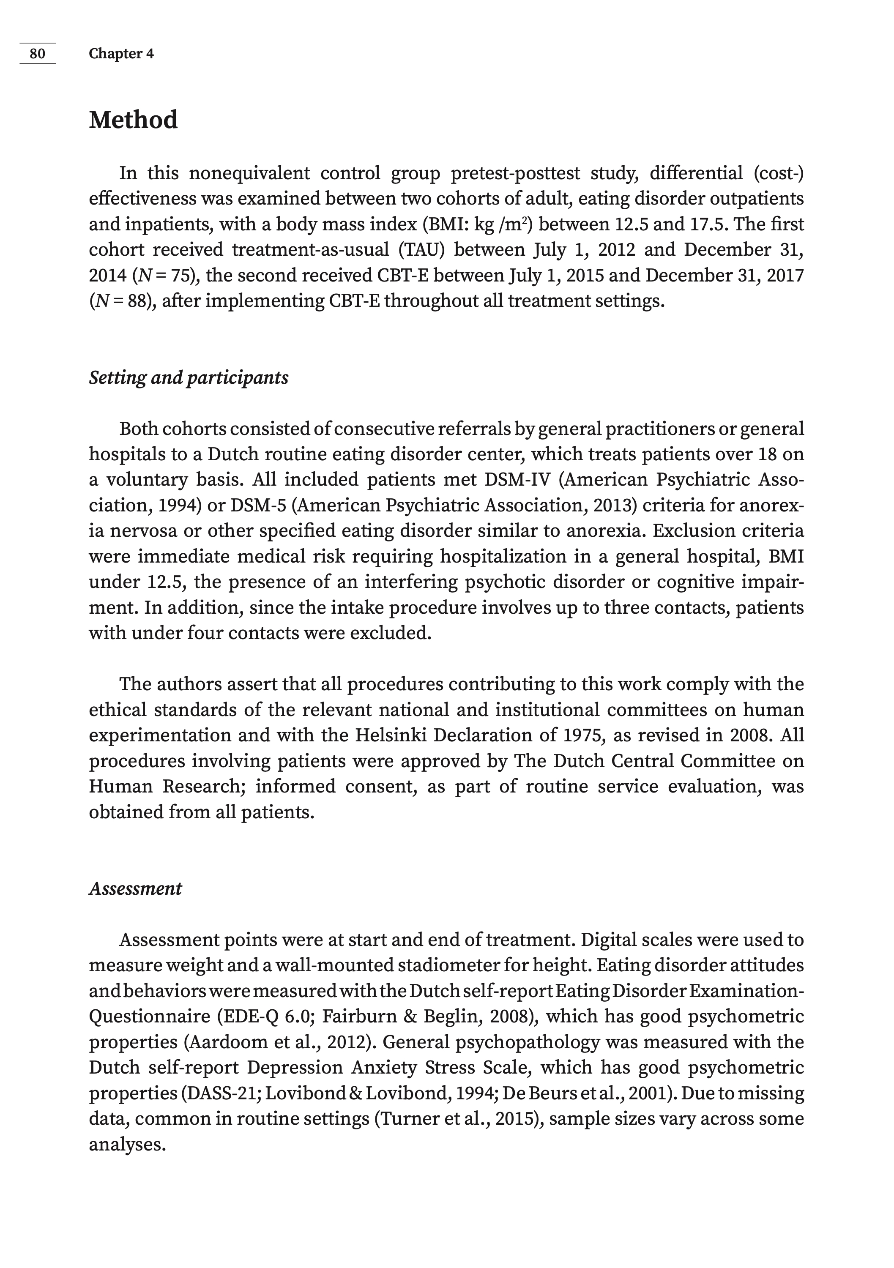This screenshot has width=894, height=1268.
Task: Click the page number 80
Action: click(x=37, y=54)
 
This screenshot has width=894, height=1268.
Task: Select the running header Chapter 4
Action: click(x=121, y=54)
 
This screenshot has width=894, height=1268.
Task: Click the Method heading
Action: click(x=133, y=120)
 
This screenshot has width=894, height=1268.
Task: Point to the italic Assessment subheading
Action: click(x=135, y=888)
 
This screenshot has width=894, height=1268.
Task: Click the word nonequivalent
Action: click(x=249, y=173)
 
